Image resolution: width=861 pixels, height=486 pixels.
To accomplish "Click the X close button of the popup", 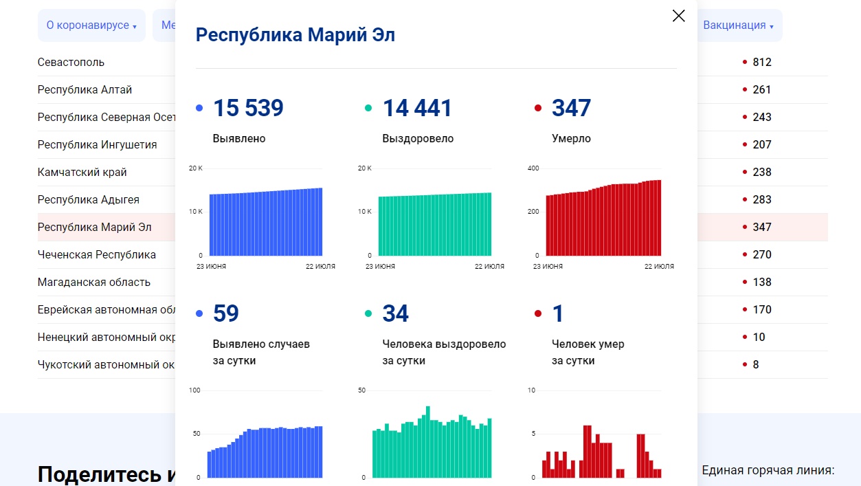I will [x=678, y=16].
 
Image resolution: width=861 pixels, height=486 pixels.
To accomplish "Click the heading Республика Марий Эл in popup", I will [x=295, y=35].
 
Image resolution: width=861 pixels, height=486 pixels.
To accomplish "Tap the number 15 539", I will [x=248, y=108].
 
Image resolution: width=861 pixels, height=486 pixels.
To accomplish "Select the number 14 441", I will [x=417, y=108].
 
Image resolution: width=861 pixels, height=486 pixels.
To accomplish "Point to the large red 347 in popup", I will [x=571, y=108].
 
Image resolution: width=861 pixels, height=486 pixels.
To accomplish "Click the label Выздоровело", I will [x=418, y=139].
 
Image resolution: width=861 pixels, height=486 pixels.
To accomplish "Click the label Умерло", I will [x=571, y=139].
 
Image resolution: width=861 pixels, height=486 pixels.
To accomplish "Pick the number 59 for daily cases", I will [x=226, y=313].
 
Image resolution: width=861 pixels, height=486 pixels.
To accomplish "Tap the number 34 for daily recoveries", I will [x=395, y=313].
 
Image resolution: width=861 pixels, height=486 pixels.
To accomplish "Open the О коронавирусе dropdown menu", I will [x=91, y=25].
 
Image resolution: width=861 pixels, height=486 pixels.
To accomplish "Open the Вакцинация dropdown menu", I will [x=738, y=25].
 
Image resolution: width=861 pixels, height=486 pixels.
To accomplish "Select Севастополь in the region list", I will [x=71, y=62].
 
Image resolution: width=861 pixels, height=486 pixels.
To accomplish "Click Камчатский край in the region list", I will [x=82, y=172].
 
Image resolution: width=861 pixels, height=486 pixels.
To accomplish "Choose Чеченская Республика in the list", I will [x=97, y=254].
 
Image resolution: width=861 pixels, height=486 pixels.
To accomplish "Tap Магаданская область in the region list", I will [x=94, y=282].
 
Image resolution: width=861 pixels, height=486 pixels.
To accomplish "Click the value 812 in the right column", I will [x=762, y=62].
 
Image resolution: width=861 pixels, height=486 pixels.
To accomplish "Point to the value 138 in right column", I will [x=762, y=282].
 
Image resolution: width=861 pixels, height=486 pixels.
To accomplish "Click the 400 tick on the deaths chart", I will [x=533, y=168].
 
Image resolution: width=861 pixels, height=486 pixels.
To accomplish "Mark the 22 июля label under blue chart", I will [x=320, y=267].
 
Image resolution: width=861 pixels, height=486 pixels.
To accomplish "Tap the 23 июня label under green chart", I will [x=380, y=267].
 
